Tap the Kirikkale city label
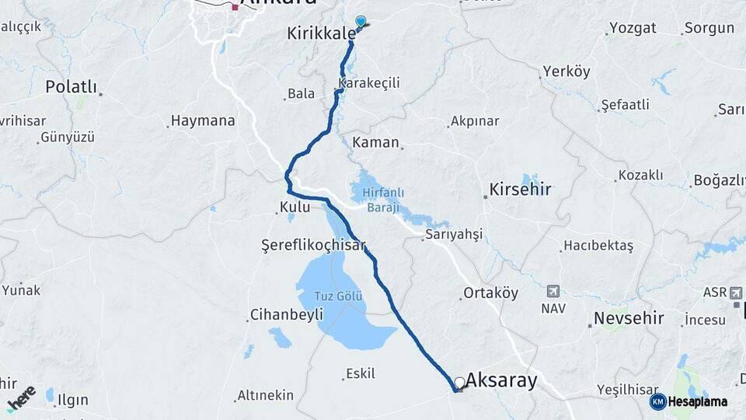coord(321,33)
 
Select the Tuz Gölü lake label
coord(338,296)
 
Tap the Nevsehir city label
coord(629,318)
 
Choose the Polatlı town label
coord(71,86)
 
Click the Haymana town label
coord(203,121)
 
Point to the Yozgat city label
coord(633,28)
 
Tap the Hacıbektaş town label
coord(598,246)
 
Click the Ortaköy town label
coord(490,293)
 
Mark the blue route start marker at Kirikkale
coord(360,22)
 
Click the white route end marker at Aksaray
coord(460,383)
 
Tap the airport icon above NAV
coord(553,292)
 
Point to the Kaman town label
coord(375,142)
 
